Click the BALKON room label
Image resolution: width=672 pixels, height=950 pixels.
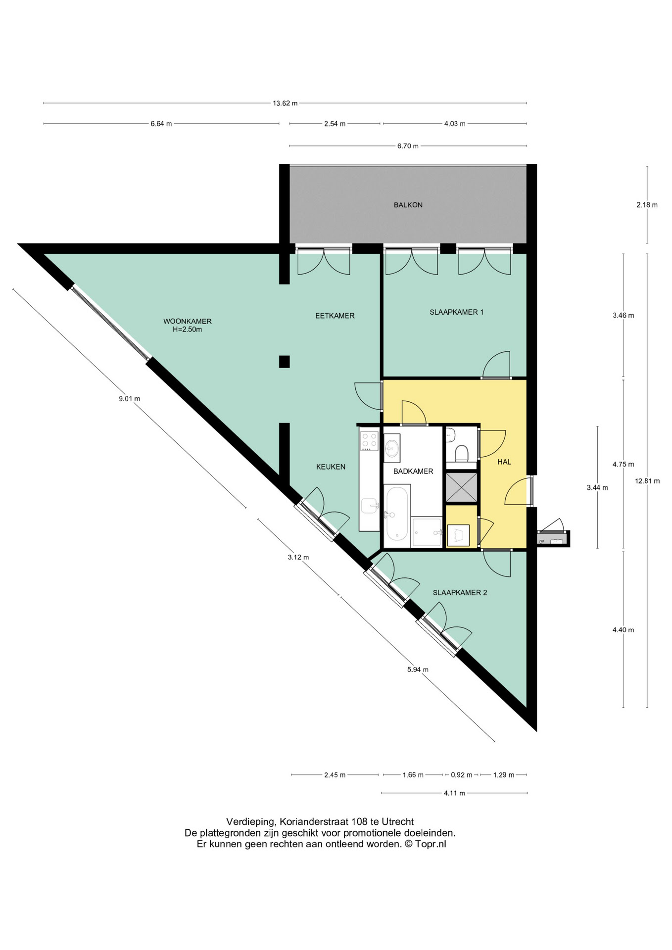pyautogui.click(x=408, y=205)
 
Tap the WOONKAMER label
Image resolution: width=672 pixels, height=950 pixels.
pyautogui.click(x=188, y=322)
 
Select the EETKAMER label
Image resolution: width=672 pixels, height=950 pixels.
pyautogui.click(x=335, y=316)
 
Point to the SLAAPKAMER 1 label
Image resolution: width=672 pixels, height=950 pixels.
pyautogui.click(x=456, y=312)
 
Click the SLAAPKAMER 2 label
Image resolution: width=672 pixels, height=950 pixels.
pyautogui.click(x=460, y=593)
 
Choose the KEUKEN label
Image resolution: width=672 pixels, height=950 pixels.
pyautogui.click(x=331, y=467)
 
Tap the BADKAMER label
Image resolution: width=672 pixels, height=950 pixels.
pyautogui.click(x=413, y=472)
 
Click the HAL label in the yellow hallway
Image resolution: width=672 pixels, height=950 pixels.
pyautogui.click(x=504, y=462)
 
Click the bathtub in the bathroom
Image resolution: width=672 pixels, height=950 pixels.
pyautogui.click(x=397, y=514)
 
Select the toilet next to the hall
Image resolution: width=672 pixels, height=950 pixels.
pyautogui.click(x=462, y=453)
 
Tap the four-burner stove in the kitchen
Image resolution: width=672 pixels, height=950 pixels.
pyautogui.click(x=369, y=441)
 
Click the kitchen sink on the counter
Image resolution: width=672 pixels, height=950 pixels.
pyautogui.click(x=369, y=506)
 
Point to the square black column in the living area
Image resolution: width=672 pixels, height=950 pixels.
pyautogui.click(x=284, y=362)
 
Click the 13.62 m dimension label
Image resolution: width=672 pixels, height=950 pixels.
pyautogui.click(x=285, y=103)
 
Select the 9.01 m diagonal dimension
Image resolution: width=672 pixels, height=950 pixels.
pyautogui.click(x=129, y=398)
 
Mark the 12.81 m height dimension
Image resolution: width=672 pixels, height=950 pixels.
pyautogui.click(x=647, y=481)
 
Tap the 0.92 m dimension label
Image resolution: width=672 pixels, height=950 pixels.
pyautogui.click(x=461, y=775)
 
